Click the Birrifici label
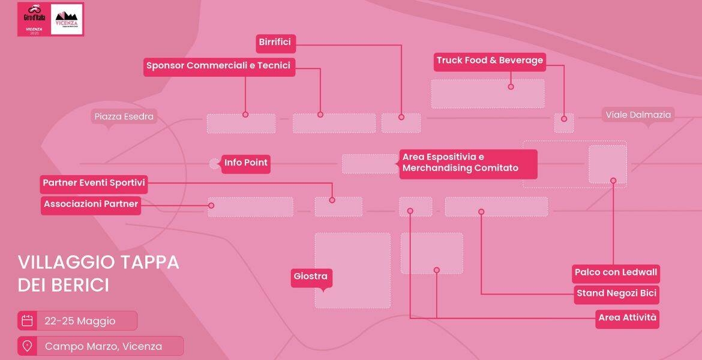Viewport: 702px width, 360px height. (x=275, y=42)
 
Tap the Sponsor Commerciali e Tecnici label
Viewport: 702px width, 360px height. (x=218, y=66)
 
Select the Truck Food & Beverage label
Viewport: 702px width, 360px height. (x=490, y=61)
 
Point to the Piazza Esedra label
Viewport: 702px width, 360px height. (x=124, y=116)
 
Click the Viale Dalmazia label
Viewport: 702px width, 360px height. (x=638, y=115)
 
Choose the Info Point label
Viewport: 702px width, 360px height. (x=245, y=163)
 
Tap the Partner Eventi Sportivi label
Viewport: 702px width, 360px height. (x=94, y=183)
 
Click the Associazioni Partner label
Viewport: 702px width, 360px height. (x=91, y=204)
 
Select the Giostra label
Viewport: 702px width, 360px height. (x=310, y=277)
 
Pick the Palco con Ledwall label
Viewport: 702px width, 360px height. (x=616, y=272)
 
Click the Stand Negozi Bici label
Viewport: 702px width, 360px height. (x=617, y=294)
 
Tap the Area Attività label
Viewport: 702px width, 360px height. (x=628, y=318)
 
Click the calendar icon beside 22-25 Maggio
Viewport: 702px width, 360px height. (x=27, y=320)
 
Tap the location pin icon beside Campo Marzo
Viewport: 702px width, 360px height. (x=27, y=346)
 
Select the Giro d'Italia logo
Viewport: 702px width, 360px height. (x=34, y=19)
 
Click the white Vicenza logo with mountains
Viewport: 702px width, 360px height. (x=67, y=19)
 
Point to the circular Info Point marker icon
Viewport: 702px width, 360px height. (x=214, y=163)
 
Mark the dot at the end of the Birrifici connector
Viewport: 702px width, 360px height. (x=401, y=117)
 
